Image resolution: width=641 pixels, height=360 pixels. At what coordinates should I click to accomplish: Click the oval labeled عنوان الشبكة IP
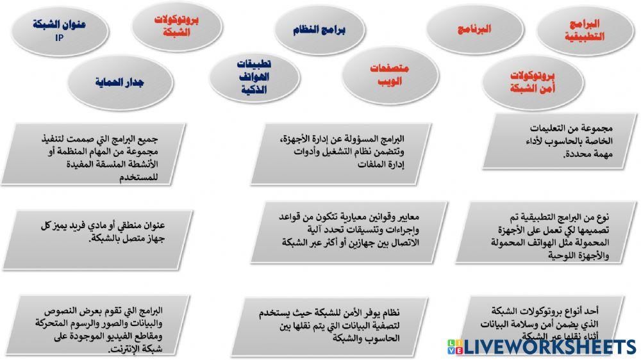coord(59,30)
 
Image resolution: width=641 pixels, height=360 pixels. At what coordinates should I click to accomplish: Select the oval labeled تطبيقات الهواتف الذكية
coord(254,78)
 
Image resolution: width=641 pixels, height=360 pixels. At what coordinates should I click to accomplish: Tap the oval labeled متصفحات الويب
coord(391,76)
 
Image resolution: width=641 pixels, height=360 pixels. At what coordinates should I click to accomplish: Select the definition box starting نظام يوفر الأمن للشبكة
coord(333,324)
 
